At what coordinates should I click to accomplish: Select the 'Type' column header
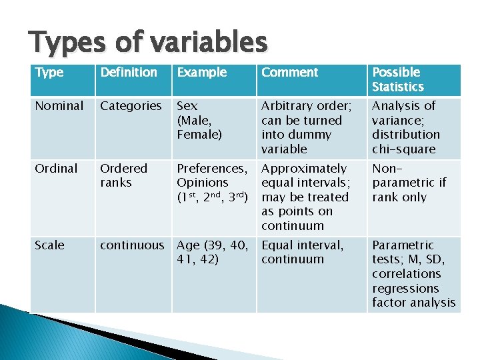pos(49,73)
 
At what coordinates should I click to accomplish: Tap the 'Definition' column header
pos(129,73)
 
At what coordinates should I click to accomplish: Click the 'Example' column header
pos(201,73)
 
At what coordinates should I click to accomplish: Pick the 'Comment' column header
pos(289,73)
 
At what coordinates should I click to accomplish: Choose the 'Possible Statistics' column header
pos(398,79)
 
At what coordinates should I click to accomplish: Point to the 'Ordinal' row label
pos(56,169)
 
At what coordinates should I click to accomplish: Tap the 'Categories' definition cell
pos(131,106)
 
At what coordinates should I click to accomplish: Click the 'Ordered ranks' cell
pos(124,175)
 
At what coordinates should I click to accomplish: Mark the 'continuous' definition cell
pos(131,245)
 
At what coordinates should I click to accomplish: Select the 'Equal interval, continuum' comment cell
pos(303,252)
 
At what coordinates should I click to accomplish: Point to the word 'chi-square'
pos(403,149)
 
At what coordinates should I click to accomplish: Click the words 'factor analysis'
pos(413,303)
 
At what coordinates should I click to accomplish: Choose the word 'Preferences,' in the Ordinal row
pos(211,169)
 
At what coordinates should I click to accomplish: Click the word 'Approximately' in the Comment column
pos(304,169)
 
